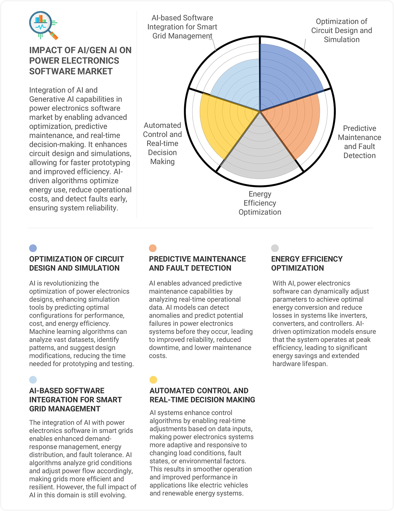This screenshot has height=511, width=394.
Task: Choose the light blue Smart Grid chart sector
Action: tap(236, 84)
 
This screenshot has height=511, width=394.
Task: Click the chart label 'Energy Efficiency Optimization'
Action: tap(260, 203)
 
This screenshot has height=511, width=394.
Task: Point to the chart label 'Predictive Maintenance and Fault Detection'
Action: tap(359, 142)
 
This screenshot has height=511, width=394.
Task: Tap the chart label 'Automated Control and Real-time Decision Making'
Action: tap(162, 143)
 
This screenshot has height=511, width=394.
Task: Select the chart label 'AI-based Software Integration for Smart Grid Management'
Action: tap(182, 27)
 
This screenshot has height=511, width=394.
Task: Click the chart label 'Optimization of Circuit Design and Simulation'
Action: tap(341, 31)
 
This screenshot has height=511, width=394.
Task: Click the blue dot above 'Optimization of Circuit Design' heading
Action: tap(33, 248)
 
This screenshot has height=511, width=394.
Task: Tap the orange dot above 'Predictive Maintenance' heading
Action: tap(153, 248)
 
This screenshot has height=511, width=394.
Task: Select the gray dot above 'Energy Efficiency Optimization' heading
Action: tap(275, 248)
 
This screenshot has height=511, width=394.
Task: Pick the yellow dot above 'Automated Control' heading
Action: tap(153, 380)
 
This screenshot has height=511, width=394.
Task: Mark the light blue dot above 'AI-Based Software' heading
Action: tap(33, 380)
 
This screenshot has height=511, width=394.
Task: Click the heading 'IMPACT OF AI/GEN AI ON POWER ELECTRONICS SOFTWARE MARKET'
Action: tap(80, 61)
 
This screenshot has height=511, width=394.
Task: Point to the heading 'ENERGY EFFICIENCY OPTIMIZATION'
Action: tap(307, 263)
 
